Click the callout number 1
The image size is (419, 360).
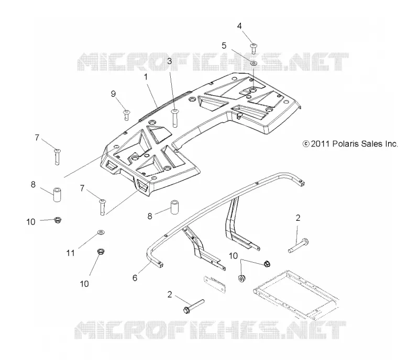pos(146,77)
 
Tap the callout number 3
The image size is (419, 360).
pos(169,61)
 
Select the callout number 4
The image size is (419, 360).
pos(239,26)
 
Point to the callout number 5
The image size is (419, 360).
pos(224,46)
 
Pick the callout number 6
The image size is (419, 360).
pos(135,278)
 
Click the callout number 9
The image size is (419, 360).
pos(113,94)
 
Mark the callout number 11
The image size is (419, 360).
pos(70,253)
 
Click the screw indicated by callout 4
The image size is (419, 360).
pos(253,48)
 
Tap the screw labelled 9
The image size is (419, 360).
pos(126,115)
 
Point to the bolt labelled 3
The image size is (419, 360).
pos(175,118)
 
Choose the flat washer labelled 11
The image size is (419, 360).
pos(101,232)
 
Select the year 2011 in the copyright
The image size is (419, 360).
pos(320,144)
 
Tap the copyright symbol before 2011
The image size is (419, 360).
pos(306,144)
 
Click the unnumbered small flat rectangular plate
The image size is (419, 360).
pos(215,282)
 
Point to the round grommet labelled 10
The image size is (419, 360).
pos(241,278)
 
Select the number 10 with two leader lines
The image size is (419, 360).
pos(233,256)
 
